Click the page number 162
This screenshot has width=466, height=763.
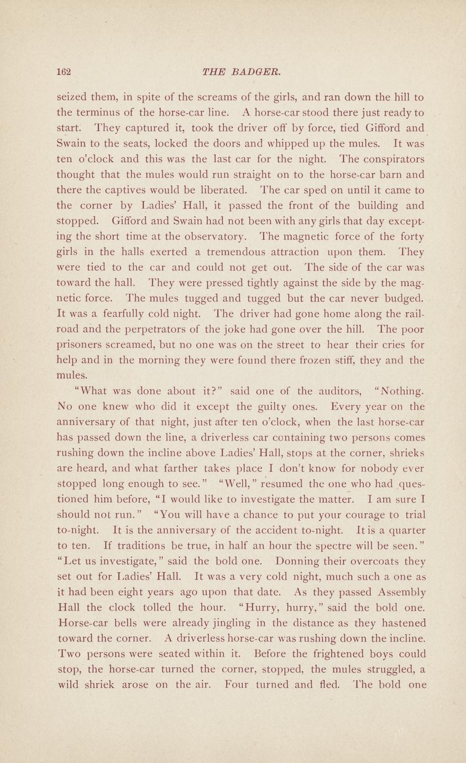coord(66,72)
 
